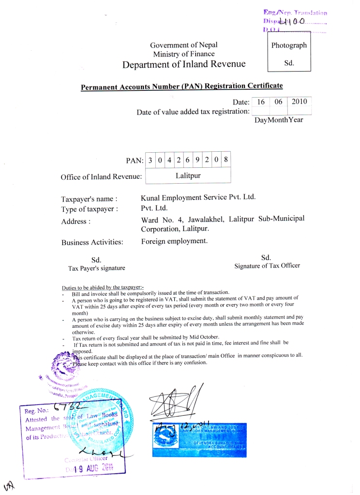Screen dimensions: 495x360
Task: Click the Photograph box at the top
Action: click(289, 54)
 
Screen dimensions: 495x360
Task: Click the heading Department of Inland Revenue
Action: click(184, 64)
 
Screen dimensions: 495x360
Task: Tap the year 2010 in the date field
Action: click(300, 102)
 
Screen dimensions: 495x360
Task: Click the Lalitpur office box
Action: click(188, 175)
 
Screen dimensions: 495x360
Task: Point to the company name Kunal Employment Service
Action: click(197, 197)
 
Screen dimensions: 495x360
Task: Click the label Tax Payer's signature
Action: click(96, 268)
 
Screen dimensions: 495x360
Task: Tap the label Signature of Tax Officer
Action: click(267, 265)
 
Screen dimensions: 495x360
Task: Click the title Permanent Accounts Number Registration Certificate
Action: click(181, 87)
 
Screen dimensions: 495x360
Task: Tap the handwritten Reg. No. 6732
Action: click(53, 410)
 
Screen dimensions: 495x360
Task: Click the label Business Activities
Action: click(92, 242)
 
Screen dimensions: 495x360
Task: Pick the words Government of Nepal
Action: click(183, 45)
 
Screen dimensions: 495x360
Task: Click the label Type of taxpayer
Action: click(89, 209)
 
